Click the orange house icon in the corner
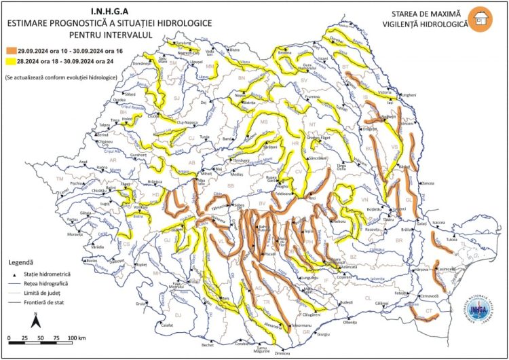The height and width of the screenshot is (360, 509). coord(483,18)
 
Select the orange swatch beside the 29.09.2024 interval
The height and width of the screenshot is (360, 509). coord(13,50)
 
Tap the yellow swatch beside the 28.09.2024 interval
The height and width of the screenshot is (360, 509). coord(13,60)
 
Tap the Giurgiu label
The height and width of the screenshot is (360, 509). coord(323,334)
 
